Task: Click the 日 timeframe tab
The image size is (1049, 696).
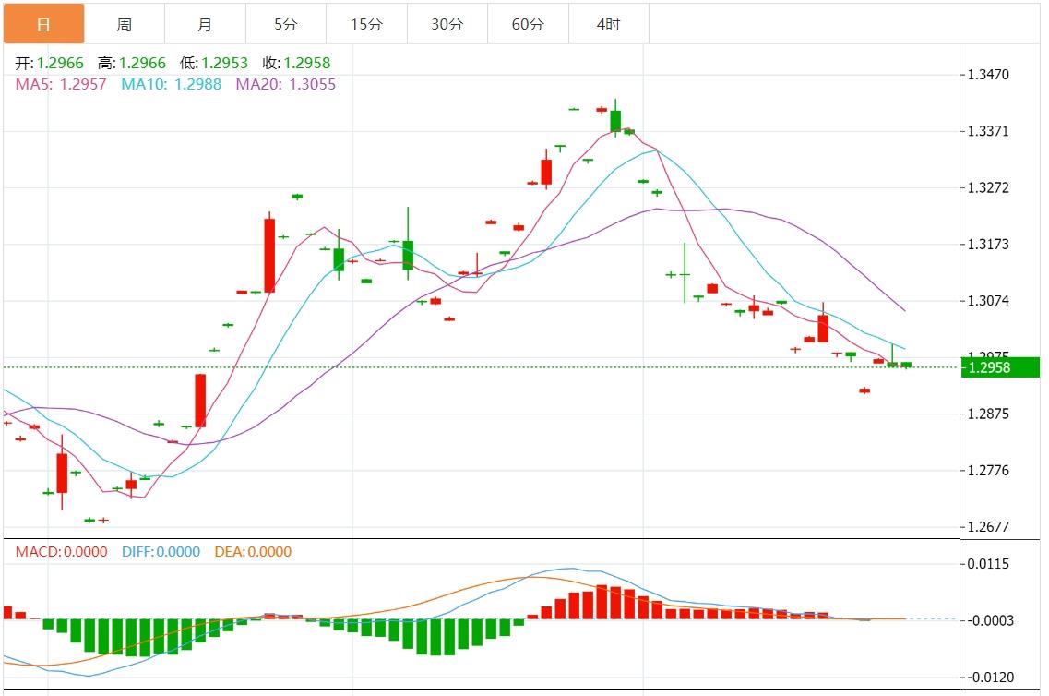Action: coord(43,24)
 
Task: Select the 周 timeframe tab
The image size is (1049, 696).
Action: coord(125,24)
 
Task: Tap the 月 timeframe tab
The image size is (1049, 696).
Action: coord(205,24)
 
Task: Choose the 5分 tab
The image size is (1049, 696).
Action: coord(285,24)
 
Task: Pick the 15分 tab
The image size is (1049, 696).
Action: coord(366,24)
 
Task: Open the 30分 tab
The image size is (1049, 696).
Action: coord(447,24)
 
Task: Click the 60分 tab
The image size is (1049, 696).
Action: coord(528,24)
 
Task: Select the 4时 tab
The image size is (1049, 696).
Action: coord(608,24)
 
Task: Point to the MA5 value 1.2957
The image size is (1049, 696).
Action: coord(83,84)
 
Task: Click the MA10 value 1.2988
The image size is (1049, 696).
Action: coord(197,84)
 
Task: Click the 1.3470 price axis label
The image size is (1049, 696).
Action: coord(989,75)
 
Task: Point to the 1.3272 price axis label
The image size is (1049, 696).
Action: coord(989,188)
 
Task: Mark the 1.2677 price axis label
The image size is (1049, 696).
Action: coord(989,527)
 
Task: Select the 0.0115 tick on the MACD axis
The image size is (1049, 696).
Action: coord(989,564)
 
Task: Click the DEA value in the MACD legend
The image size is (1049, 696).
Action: coord(268,552)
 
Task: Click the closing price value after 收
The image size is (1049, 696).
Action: coord(307,64)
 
